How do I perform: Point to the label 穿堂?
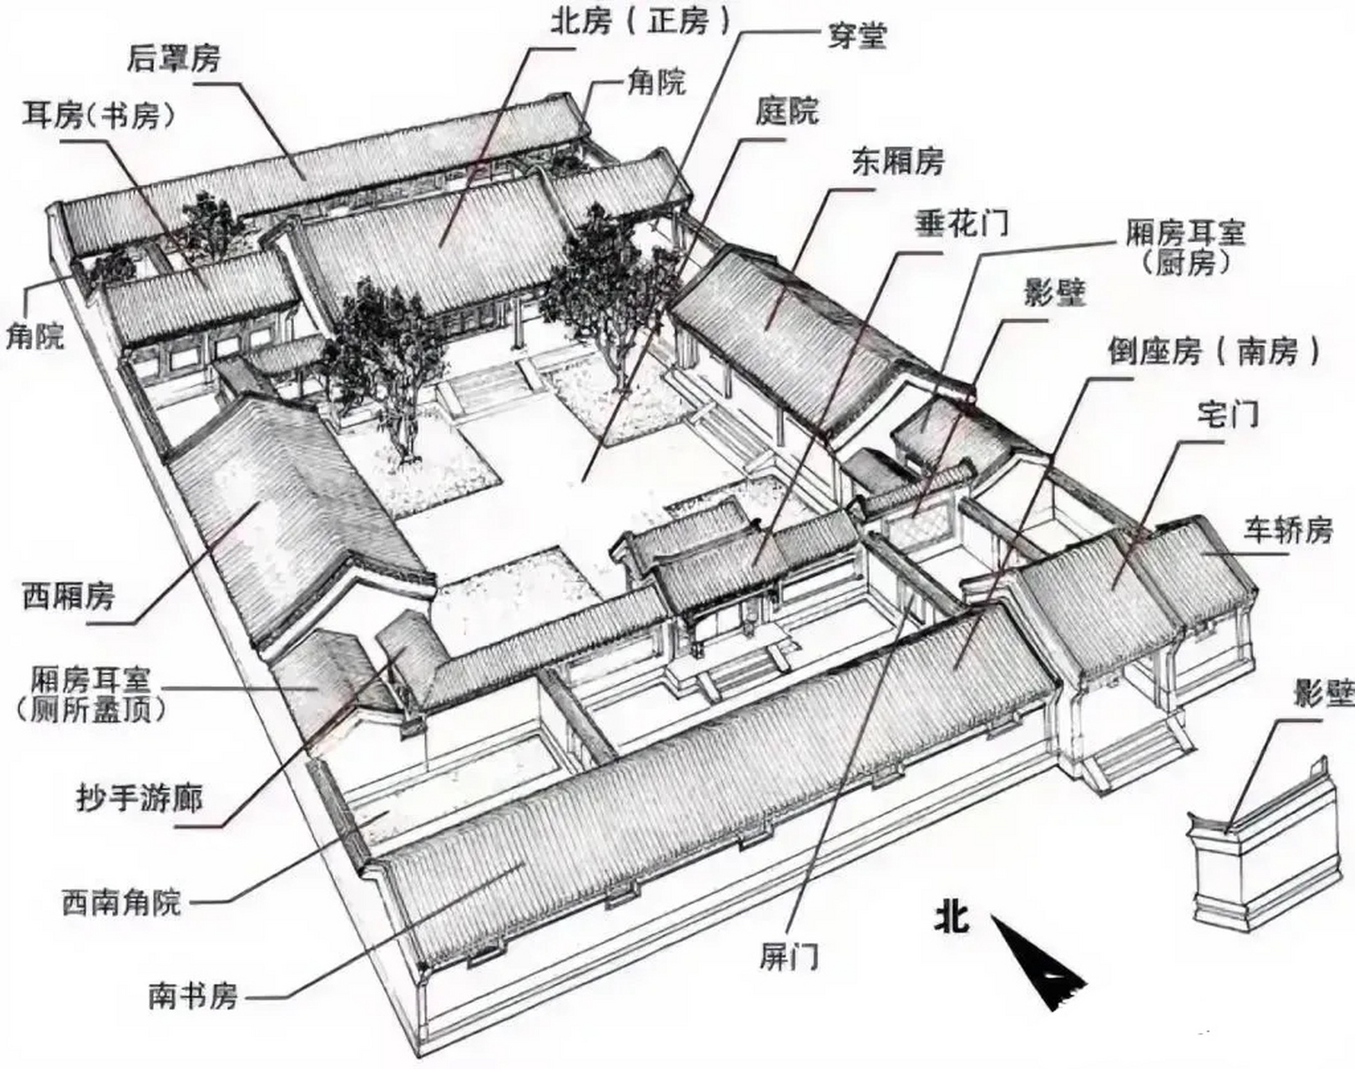856,37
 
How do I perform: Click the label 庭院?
787,109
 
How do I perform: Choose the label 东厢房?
897,160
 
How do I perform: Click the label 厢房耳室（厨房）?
1185,246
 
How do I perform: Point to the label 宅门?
1227,413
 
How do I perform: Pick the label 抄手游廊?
139,798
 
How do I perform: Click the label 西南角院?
121,902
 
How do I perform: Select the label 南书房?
193,996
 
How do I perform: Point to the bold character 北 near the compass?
952,917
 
